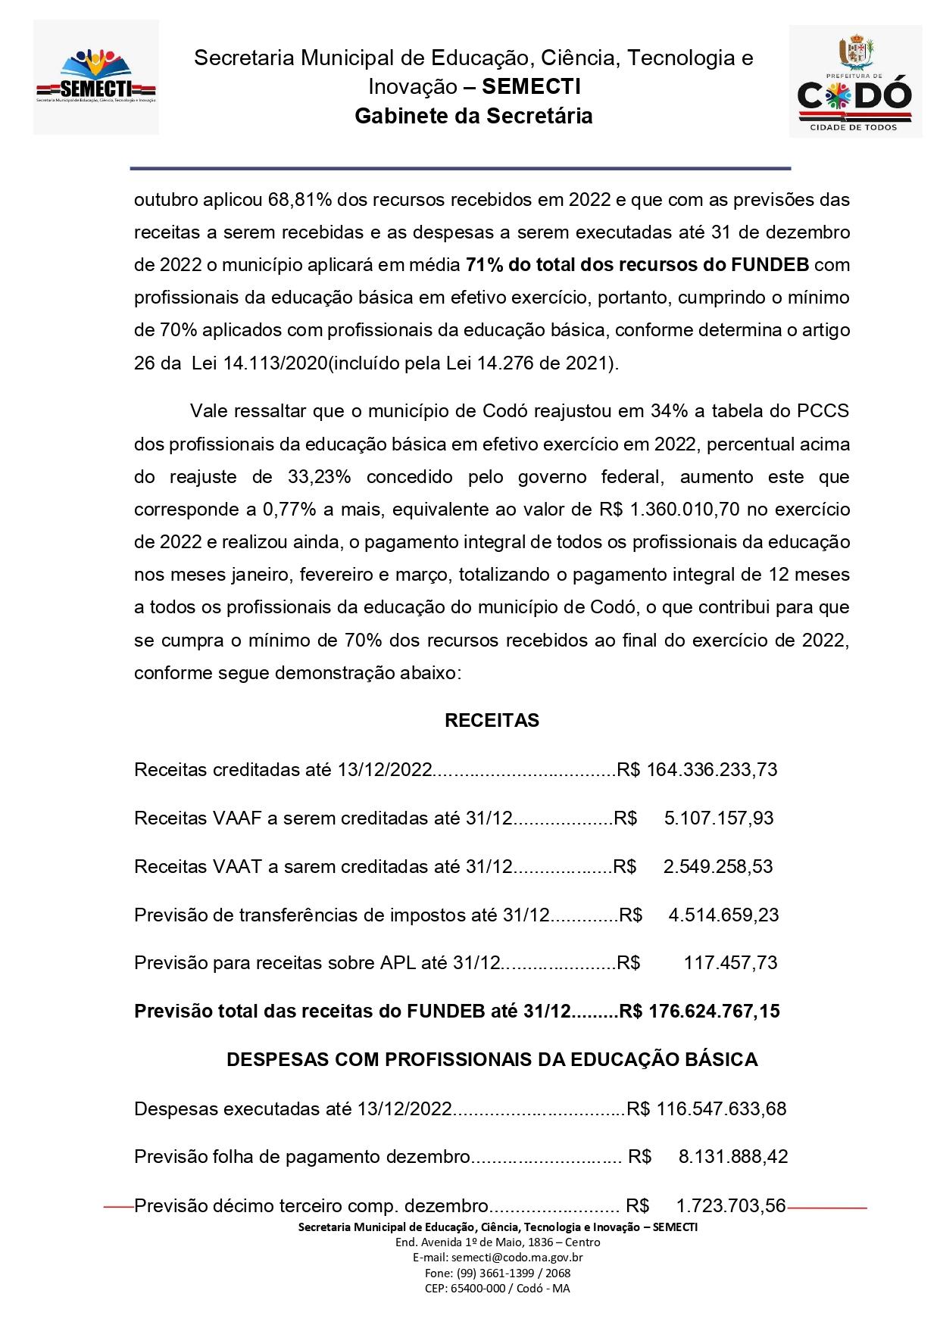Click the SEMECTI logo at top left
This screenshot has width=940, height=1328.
[95, 77]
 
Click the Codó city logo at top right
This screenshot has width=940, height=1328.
[855, 81]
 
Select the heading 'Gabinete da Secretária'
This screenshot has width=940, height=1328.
[473, 116]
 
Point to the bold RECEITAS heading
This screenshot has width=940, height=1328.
[492, 720]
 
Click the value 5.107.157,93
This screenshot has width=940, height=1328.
[719, 818]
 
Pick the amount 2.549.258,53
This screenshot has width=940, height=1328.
[718, 867]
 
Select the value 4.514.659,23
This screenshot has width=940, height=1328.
[723, 915]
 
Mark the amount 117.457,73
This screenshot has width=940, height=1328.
[730, 963]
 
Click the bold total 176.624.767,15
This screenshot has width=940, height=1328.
[714, 1011]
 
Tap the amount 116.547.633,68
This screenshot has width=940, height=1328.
[722, 1109]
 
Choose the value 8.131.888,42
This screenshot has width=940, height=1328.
[733, 1157]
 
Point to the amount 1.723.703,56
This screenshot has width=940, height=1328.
[731, 1205]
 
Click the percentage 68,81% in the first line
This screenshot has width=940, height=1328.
[295, 200]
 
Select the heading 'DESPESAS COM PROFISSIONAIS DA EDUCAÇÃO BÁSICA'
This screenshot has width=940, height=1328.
[492, 1059]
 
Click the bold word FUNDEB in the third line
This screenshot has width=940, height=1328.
[770, 265]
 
